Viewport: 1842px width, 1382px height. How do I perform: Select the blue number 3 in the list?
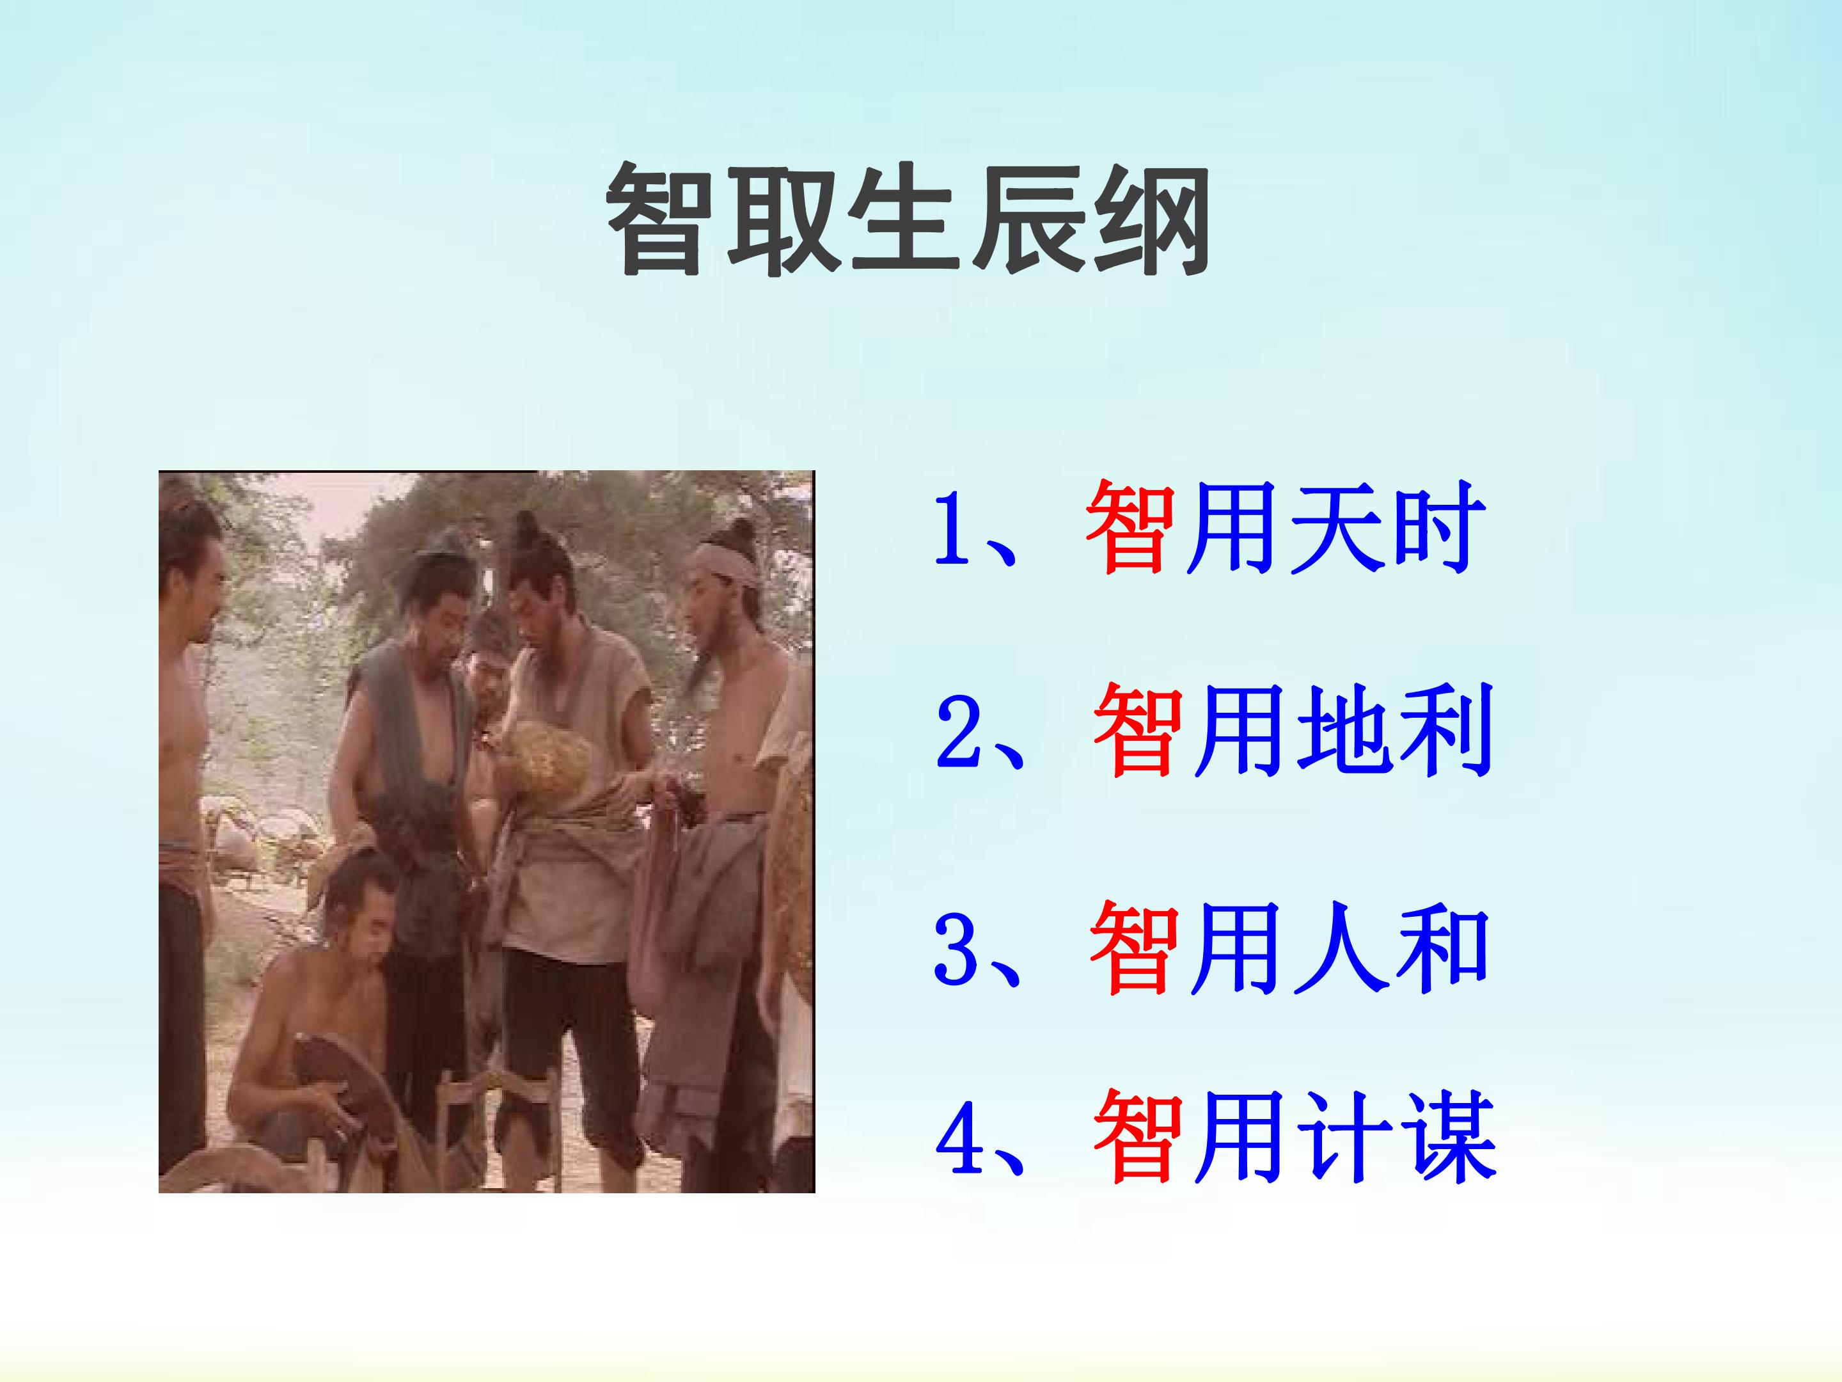(x=954, y=949)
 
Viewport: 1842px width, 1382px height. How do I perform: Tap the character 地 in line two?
(x=1342, y=730)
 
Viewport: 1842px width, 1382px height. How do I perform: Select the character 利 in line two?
(x=1445, y=730)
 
